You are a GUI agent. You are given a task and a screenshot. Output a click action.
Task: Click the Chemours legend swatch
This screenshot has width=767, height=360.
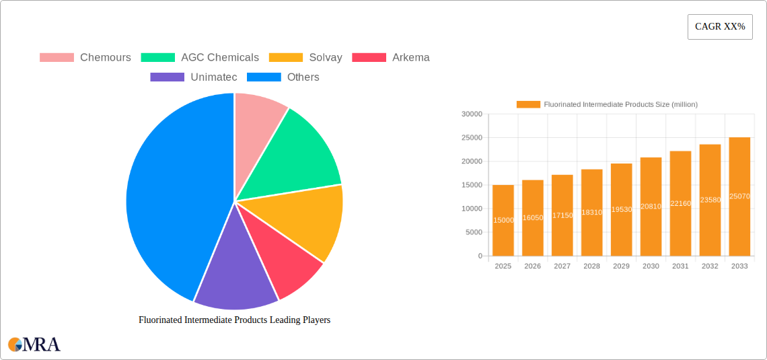(57, 58)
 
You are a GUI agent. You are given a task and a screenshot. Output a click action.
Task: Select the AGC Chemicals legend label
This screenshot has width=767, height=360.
(219, 58)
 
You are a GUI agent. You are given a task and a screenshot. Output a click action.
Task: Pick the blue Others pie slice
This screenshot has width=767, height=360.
(168, 195)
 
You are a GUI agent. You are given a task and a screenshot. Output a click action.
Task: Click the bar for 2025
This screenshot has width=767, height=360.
(503, 221)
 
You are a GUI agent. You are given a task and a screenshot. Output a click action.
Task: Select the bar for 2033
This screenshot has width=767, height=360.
(739, 196)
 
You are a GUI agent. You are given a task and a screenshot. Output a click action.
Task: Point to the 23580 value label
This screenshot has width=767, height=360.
(710, 200)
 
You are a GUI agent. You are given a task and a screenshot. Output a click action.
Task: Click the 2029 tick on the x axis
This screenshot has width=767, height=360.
(621, 266)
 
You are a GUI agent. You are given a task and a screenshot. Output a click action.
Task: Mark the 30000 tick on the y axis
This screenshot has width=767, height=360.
(472, 114)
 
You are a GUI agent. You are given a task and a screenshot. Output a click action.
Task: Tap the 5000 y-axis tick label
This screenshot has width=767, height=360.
(474, 232)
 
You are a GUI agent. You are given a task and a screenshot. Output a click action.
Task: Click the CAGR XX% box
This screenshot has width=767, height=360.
(720, 27)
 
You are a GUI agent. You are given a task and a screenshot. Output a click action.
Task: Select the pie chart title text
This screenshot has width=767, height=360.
(234, 320)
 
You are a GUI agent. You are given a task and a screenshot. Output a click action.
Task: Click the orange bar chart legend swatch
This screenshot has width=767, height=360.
(528, 104)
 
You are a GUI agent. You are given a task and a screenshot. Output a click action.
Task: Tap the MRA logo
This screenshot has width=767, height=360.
(34, 345)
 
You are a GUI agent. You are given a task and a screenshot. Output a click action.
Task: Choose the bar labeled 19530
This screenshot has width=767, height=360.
(621, 210)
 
